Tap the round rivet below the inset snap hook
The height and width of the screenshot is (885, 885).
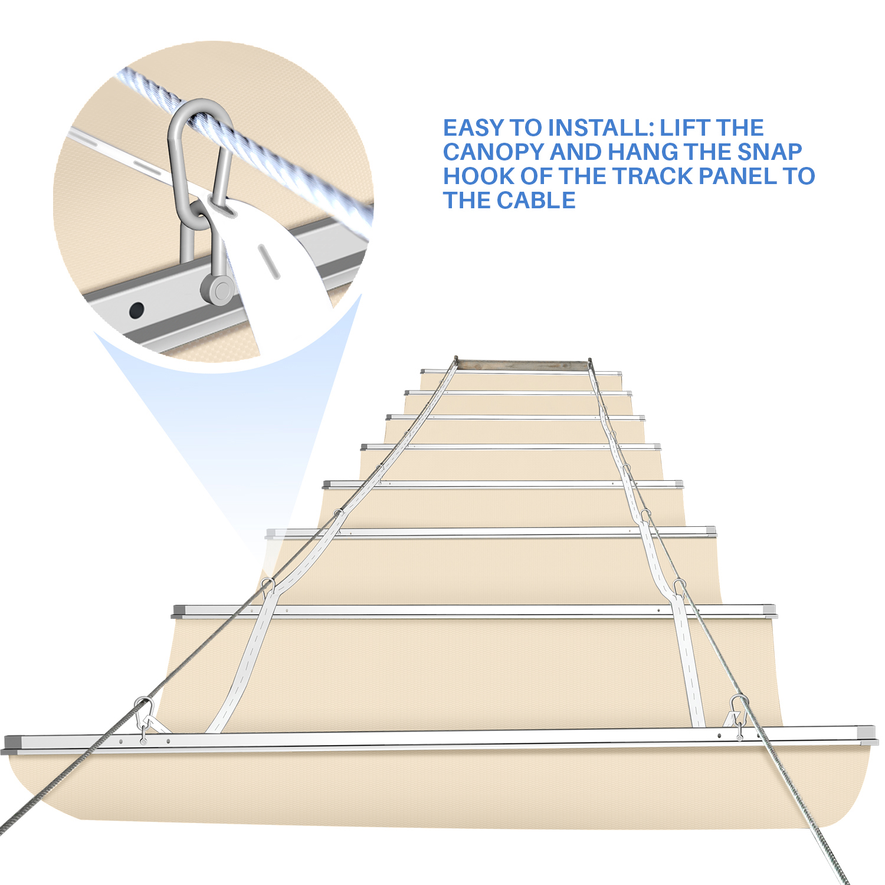(219, 290)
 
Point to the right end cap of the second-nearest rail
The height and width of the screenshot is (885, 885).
(768, 610)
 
